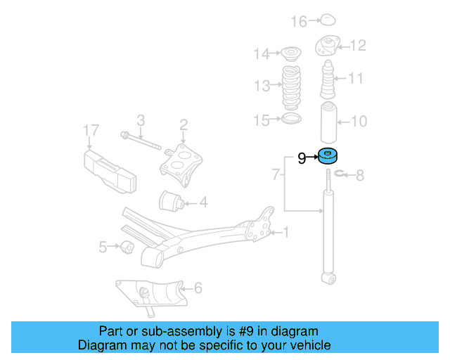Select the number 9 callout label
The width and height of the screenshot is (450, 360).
[x=302, y=158]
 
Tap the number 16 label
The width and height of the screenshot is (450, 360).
[x=299, y=22]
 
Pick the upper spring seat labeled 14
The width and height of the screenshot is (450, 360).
[x=289, y=53]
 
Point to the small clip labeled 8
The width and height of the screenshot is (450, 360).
[x=341, y=174]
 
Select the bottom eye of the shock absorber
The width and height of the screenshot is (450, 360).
[x=328, y=280]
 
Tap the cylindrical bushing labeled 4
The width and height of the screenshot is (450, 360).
[x=172, y=201]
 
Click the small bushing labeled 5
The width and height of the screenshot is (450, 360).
[x=127, y=247]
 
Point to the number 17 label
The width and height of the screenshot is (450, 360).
[x=91, y=130]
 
